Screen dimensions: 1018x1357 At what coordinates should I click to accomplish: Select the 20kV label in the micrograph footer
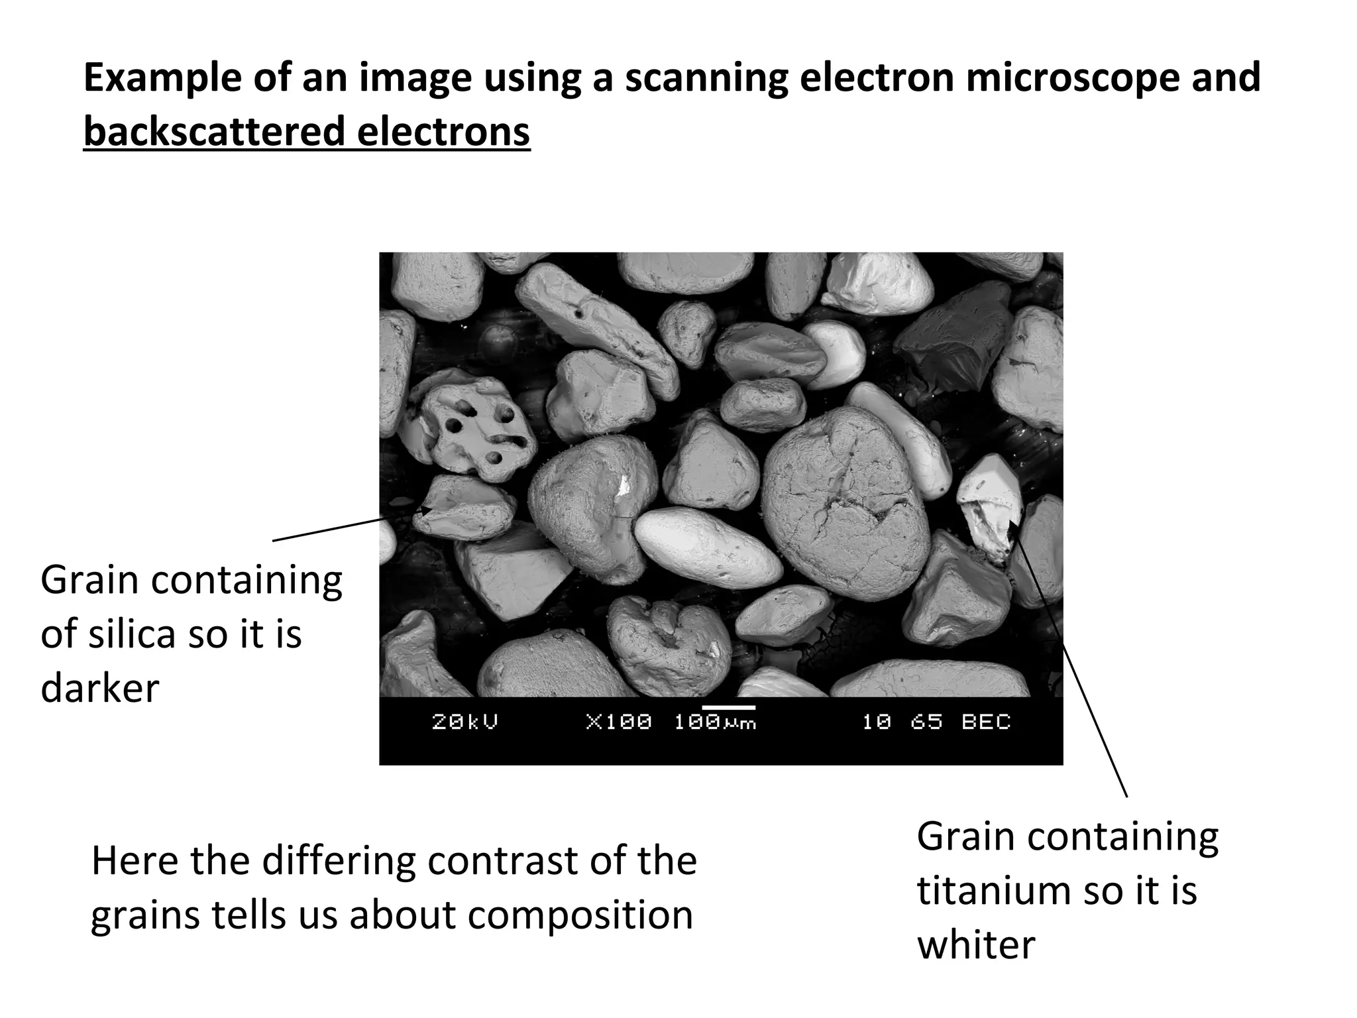[x=464, y=722]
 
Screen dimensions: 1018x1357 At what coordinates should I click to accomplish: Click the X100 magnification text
[x=619, y=722]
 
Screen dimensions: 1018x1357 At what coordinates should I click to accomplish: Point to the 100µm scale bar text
[x=715, y=722]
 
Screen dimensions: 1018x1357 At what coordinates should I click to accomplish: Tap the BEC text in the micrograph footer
[x=986, y=722]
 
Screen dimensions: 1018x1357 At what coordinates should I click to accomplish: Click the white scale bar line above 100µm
[x=728, y=707]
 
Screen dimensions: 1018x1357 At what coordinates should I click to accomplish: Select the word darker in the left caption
[x=99, y=688]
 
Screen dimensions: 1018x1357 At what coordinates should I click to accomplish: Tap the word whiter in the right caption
[x=975, y=944]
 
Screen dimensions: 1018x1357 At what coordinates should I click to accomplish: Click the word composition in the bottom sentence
[x=580, y=915]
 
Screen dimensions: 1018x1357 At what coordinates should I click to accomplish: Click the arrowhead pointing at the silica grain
[x=427, y=511]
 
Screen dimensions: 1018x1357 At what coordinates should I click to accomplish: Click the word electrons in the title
[x=443, y=131]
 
